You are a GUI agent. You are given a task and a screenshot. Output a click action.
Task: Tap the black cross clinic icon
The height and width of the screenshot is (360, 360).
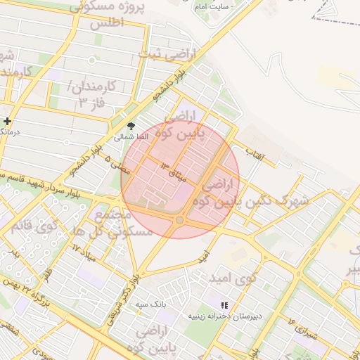(7, 122)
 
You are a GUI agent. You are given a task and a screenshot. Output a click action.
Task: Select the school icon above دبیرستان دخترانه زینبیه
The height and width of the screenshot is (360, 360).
(224, 305)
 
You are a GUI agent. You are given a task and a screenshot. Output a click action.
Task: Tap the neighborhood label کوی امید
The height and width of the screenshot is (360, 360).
(232, 278)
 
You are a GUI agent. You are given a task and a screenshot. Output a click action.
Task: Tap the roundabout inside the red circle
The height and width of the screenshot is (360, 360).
(180, 221)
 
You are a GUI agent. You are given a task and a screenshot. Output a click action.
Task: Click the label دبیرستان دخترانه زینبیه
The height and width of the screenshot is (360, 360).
(224, 316)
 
